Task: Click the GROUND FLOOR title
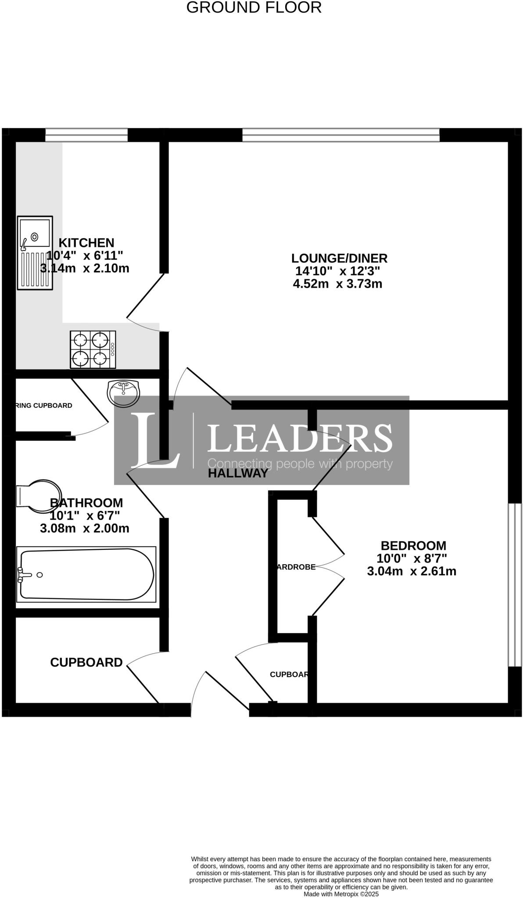(x=254, y=7)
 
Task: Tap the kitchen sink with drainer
(x=35, y=253)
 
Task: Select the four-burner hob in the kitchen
(x=93, y=349)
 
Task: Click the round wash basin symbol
(x=123, y=392)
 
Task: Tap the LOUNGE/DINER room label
(x=340, y=258)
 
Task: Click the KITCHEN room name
(x=86, y=242)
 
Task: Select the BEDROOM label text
(x=413, y=545)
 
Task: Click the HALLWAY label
(x=237, y=473)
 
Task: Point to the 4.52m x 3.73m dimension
(x=337, y=284)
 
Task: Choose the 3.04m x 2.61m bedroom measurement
(x=412, y=571)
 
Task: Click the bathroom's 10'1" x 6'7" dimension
(x=85, y=515)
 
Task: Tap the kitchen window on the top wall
(x=86, y=135)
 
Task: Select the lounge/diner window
(x=340, y=135)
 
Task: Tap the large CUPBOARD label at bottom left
(x=86, y=662)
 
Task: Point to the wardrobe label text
(x=295, y=567)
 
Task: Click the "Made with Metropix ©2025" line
(x=341, y=894)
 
